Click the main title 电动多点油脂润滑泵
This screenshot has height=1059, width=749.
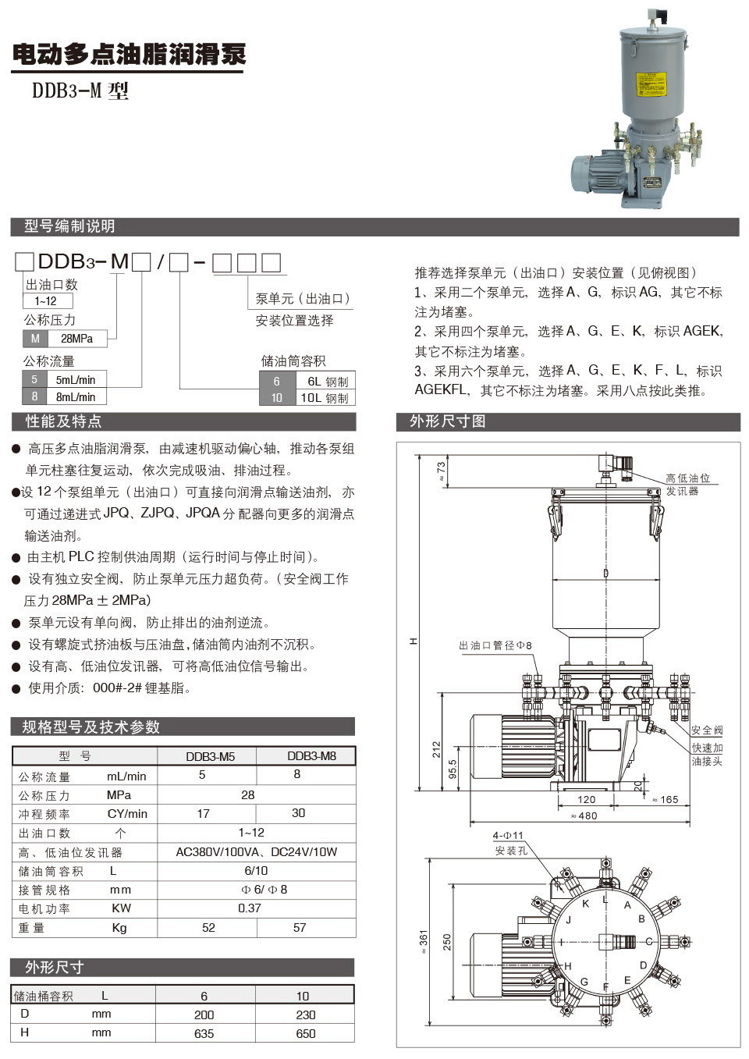pos(129,55)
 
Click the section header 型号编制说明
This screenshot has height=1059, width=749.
pos(69,226)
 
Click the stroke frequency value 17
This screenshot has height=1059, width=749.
pos(203,813)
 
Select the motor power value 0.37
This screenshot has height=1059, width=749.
pos(250,908)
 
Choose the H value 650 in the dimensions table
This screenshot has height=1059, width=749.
pos(306,1033)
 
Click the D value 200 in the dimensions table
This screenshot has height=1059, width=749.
pos(204,1015)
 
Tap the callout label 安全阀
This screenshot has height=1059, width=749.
pos(707,730)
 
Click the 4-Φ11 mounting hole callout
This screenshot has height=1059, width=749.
pos(508,835)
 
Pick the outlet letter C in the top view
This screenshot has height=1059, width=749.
pos(649,941)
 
